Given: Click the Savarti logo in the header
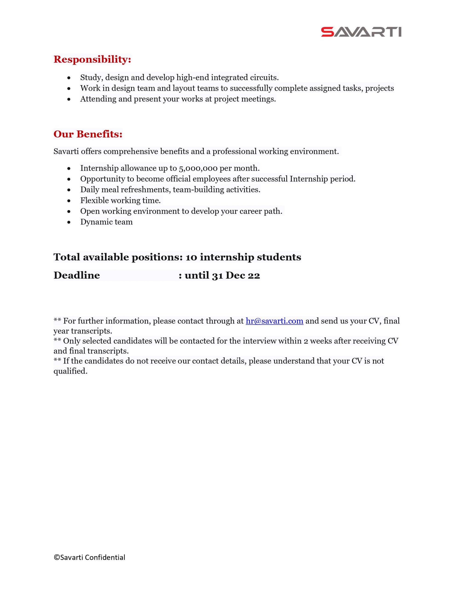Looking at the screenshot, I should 361,32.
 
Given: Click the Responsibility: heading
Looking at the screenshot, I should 92,59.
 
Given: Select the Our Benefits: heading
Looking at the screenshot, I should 88,134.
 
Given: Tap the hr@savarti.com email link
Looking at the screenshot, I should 274,321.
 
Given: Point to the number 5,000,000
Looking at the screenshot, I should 198,168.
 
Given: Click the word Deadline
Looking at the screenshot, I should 77,275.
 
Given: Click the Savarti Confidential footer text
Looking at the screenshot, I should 89,557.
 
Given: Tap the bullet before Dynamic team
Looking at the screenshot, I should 69,222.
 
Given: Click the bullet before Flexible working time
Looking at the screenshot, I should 69,201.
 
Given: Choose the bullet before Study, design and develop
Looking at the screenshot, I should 69,78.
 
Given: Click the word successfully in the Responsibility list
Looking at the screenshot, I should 251,88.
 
